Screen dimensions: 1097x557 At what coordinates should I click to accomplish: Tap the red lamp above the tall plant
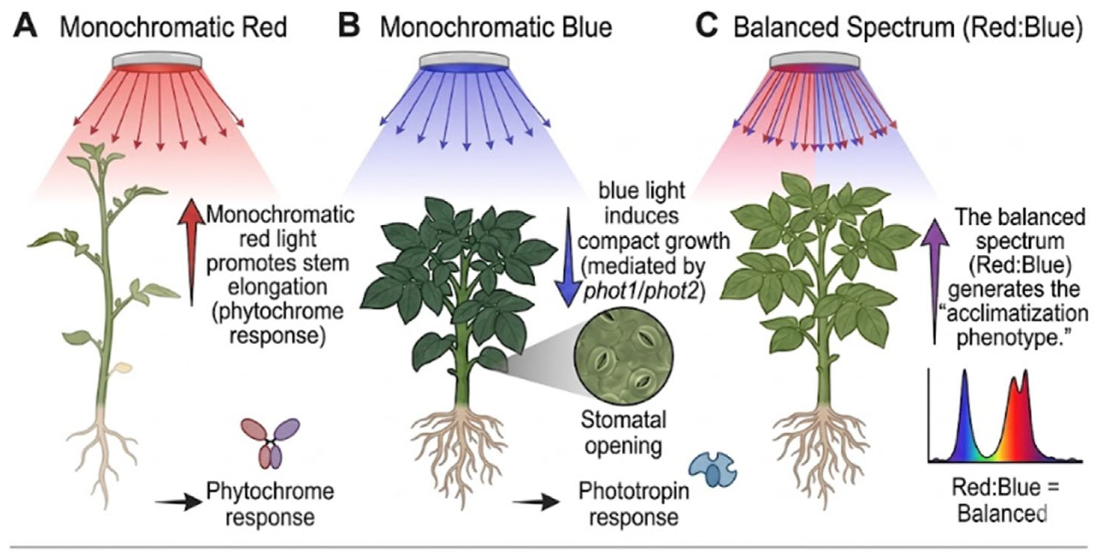[x=157, y=63]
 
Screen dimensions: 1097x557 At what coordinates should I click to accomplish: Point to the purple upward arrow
[x=934, y=281]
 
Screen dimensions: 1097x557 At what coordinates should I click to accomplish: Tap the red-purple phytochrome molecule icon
[x=269, y=443]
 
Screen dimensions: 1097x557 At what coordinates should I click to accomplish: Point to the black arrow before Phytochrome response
[x=178, y=503]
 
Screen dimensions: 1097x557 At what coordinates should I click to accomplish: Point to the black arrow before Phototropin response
[x=536, y=503]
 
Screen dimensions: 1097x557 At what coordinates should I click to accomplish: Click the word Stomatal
[x=624, y=421]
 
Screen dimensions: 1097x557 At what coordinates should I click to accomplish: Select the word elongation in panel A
[x=277, y=287]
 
